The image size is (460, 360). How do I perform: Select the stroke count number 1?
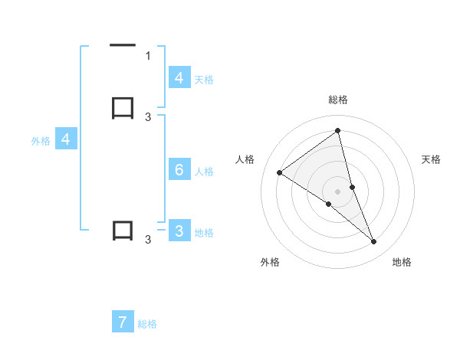(148, 56)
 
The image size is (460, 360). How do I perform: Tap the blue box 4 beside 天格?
(179, 77)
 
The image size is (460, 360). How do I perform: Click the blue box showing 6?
(179, 169)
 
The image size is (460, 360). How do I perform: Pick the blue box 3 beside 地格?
(179, 231)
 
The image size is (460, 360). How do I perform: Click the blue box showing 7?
(123, 322)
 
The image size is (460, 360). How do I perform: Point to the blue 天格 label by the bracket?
(204, 79)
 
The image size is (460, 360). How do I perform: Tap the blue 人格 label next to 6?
(205, 172)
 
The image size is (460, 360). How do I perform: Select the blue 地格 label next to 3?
(204, 233)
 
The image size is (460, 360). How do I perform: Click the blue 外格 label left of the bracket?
(41, 141)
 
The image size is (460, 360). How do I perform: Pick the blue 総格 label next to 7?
(147, 325)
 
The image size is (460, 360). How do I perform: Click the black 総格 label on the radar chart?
(338, 100)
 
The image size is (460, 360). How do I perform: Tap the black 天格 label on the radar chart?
(432, 159)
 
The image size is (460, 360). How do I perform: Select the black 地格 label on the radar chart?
(402, 262)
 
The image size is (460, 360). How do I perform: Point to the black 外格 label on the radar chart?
(270, 262)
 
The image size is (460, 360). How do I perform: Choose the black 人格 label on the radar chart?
(245, 159)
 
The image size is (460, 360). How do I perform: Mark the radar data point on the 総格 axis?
(337, 130)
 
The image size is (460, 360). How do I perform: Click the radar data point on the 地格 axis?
(374, 242)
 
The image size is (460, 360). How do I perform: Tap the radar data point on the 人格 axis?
(279, 172)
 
